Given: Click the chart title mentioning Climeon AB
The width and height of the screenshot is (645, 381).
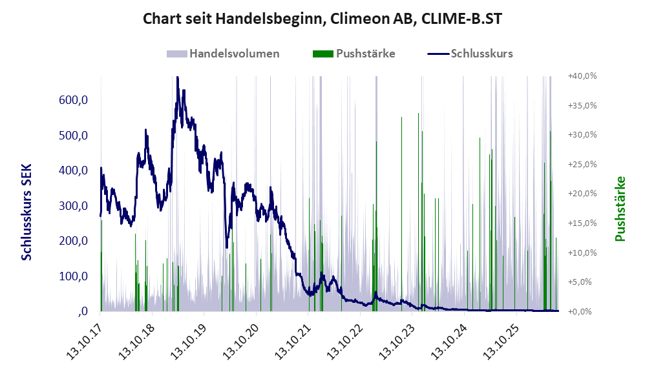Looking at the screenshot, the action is tap(322, 19).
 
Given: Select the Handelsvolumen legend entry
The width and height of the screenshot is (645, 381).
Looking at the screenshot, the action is tap(223, 54).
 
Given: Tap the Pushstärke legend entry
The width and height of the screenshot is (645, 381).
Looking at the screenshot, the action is tap(354, 54).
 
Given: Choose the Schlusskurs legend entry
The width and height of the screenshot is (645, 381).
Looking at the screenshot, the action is tap(470, 54).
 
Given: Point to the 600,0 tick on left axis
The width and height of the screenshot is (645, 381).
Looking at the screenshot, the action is tap(74, 100).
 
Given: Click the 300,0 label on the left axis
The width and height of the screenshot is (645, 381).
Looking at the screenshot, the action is tap(74, 205).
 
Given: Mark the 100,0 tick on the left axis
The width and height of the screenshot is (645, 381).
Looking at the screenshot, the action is tap(74, 276).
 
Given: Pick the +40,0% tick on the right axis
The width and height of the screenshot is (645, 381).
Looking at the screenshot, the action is tap(582, 76).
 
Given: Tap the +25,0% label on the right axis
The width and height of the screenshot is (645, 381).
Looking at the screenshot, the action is tap(582, 165).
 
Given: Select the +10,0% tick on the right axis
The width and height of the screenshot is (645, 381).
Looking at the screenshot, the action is tap(582, 252).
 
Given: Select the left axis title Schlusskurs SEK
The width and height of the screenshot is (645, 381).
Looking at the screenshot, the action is tap(26, 212).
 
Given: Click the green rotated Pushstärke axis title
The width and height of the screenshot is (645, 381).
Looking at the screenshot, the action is tap(620, 209).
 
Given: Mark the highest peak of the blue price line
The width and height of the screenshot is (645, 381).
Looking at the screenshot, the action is tap(177, 77).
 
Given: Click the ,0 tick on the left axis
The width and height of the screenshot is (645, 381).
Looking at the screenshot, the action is tap(83, 311).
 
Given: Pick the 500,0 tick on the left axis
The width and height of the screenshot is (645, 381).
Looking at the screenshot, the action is tap(74, 135).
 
